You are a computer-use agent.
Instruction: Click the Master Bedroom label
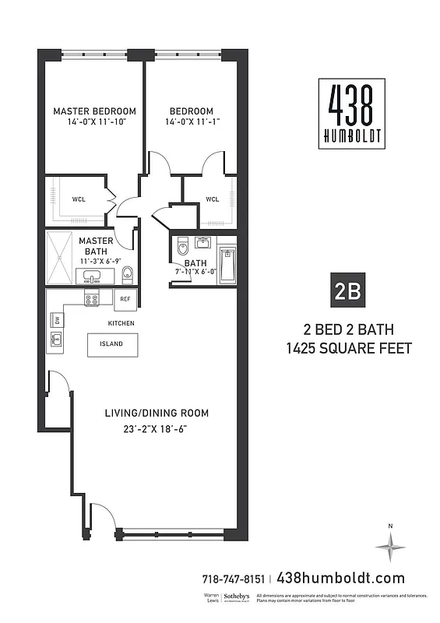coord(94,111)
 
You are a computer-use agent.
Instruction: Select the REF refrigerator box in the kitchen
coord(124,297)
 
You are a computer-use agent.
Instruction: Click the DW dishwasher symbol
coord(56,319)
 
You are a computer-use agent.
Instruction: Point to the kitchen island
coord(112,344)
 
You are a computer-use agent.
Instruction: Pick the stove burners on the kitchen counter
coord(92,297)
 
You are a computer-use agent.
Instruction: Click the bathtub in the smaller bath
coord(227,265)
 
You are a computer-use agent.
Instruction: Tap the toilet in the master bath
coord(128,274)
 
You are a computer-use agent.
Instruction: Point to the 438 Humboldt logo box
coord(350,114)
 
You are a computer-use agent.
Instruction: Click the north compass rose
coord(390,547)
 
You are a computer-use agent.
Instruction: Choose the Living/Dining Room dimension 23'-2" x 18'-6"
coord(157,429)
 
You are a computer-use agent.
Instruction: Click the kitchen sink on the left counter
coord(56,339)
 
